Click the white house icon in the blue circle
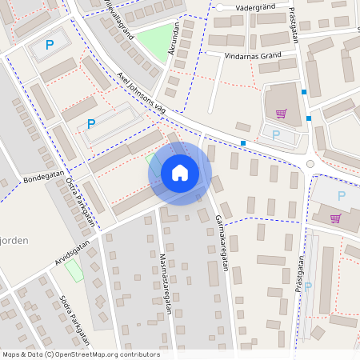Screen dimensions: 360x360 click(180, 172)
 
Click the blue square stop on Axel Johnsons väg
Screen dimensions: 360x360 click(243, 143)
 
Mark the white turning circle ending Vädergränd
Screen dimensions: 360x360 click(218, 7)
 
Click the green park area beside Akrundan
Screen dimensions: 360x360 click(155, 39)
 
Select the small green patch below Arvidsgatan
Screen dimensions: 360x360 click(74, 270)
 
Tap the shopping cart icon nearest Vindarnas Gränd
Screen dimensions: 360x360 click(281, 114)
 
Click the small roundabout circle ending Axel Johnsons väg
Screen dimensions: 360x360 click(310, 164)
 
